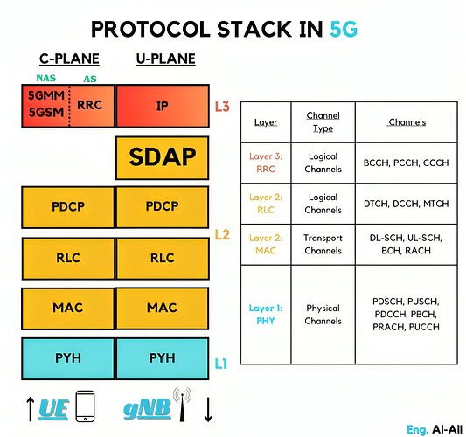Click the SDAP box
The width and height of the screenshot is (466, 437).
tap(162, 157)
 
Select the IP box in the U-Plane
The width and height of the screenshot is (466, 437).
tap(162, 107)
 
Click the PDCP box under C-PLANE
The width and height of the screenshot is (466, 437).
tap(67, 207)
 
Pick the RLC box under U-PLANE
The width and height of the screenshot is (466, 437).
tap(162, 258)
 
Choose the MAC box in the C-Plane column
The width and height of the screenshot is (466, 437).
tap(67, 308)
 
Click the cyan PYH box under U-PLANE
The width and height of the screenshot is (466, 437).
tap(162, 357)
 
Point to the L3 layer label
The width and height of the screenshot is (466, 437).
tap(222, 108)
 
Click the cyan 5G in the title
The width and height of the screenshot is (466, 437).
tap(343, 30)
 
